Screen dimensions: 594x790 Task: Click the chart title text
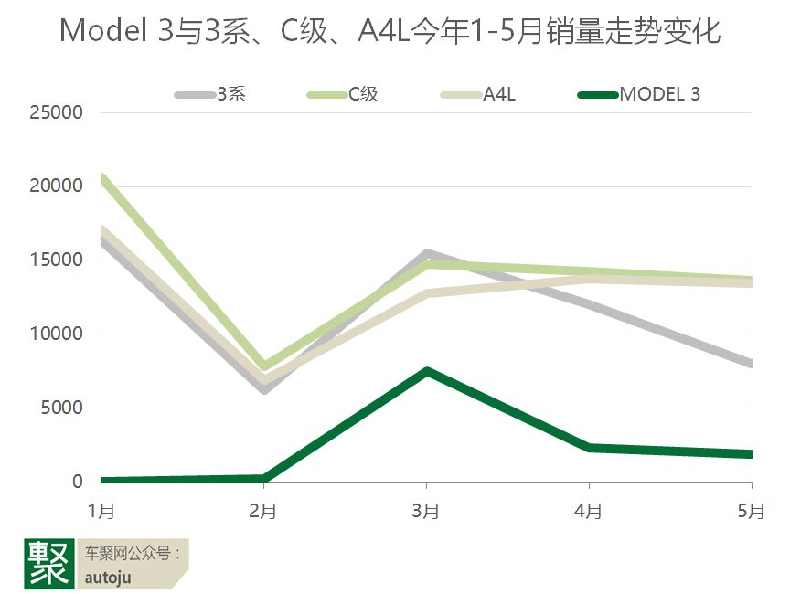tap(390, 32)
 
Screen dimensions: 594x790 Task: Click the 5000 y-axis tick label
tap(63, 408)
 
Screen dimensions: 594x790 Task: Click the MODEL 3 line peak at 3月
tap(426, 371)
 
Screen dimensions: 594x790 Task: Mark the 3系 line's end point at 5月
tap(750, 364)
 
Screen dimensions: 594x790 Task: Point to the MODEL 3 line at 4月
tap(589, 448)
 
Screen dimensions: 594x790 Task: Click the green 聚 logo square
tap(48, 563)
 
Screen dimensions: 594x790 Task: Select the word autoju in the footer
tap(108, 577)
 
